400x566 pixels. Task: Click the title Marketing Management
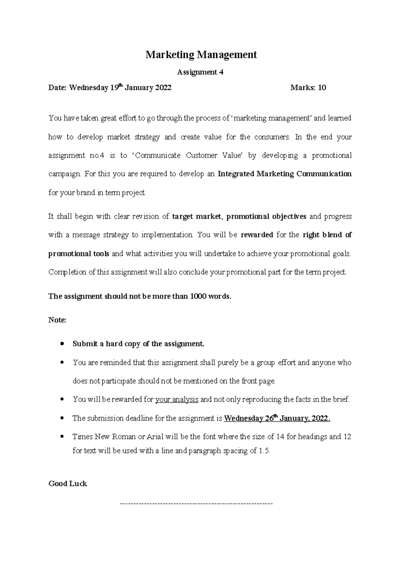coord(201,55)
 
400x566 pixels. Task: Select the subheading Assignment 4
coord(200,72)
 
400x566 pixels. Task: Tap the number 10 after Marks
coord(322,88)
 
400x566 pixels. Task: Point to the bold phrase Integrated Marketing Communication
coord(284,174)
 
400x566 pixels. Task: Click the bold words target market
coord(196,216)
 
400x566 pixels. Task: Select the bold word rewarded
coord(257,235)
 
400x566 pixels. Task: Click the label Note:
coord(57,320)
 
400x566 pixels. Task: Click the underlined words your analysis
coord(177,399)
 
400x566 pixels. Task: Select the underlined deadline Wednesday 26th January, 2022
coord(277,418)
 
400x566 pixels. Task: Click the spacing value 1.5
coord(264,451)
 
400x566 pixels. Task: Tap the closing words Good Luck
coord(68,483)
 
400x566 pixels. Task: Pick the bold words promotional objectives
coord(266,216)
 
